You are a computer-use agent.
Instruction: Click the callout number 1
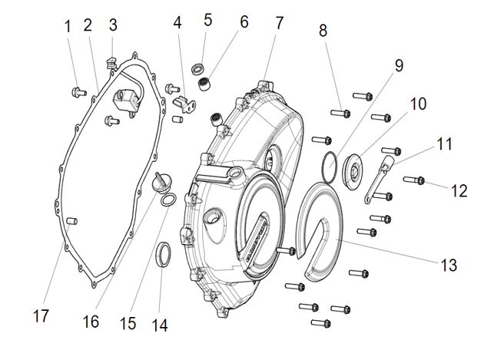pyautogui.click(x=68, y=26)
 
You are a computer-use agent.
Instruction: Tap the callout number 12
pyautogui.click(x=459, y=190)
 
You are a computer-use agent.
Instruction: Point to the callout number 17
pyautogui.click(x=42, y=315)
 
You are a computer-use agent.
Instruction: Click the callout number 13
pyautogui.click(x=449, y=265)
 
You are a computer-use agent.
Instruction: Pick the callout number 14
pyautogui.click(x=159, y=324)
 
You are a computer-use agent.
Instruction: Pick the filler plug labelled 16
pyautogui.click(x=159, y=183)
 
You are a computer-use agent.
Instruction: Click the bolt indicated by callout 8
pyautogui.click(x=341, y=114)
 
